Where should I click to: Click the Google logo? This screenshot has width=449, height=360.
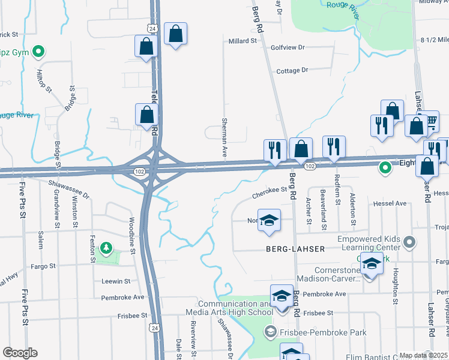(x=20, y=353)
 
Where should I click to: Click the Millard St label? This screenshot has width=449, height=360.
(x=243, y=41)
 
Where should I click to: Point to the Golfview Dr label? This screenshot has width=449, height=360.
(x=288, y=47)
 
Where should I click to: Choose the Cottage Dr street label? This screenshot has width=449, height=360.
(x=292, y=70)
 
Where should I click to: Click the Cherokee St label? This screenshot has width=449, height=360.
(x=270, y=191)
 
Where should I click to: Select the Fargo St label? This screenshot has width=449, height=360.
(x=43, y=265)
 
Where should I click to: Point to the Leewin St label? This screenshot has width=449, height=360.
(x=116, y=281)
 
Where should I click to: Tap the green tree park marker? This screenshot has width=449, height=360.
(x=106, y=247)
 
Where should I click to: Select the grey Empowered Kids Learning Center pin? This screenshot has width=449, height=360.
(x=409, y=242)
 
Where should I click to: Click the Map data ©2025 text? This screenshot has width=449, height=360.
(x=424, y=355)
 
